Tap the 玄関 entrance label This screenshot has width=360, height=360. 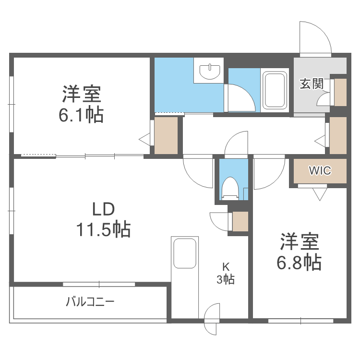(x=312, y=84)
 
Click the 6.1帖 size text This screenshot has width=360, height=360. (x=82, y=116)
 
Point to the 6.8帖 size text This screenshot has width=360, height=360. (x=299, y=262)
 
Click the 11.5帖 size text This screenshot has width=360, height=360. (x=103, y=230)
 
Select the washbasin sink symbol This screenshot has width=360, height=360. (x=210, y=72)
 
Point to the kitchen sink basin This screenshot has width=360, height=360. (x=185, y=253)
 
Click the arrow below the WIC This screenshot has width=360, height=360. (x=319, y=194)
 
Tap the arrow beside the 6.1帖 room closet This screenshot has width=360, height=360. (x=144, y=139)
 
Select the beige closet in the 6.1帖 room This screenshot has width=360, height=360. (x=166, y=135)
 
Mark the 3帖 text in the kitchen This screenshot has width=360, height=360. (x=225, y=279)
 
